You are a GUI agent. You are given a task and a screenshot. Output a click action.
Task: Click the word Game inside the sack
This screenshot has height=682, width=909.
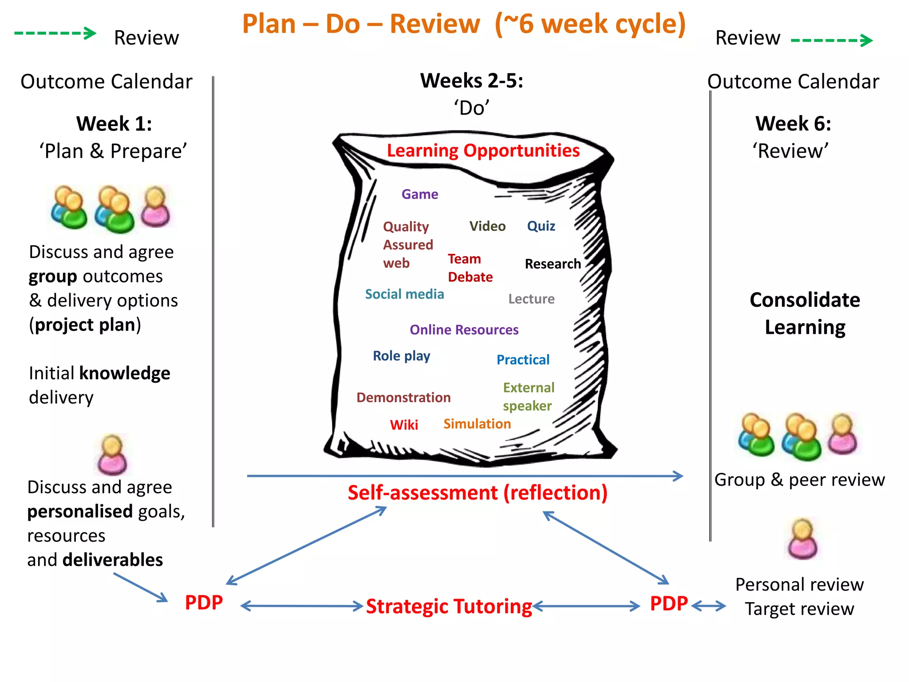(x=419, y=194)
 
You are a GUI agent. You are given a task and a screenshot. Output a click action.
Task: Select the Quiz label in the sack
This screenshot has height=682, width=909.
(x=541, y=226)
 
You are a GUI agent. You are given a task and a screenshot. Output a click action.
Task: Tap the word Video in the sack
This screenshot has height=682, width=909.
(x=487, y=226)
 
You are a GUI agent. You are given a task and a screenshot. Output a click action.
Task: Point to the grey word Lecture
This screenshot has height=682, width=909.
(x=531, y=299)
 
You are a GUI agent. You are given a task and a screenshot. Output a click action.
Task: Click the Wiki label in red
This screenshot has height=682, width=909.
(x=404, y=425)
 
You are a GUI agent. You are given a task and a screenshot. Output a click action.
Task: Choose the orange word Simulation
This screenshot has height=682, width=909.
(x=477, y=424)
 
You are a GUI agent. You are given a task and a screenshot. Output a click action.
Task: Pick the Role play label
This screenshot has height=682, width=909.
(x=401, y=356)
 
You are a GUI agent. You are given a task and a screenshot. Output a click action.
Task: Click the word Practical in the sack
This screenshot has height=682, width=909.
(x=523, y=360)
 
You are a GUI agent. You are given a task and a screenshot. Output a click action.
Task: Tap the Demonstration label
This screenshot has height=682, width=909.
(x=403, y=397)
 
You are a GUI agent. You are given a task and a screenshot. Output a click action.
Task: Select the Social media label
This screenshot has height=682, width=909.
(x=404, y=294)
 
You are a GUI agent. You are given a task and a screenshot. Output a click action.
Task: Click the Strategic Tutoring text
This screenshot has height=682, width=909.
(x=449, y=607)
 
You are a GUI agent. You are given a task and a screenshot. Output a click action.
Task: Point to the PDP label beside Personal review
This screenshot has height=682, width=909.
(x=668, y=604)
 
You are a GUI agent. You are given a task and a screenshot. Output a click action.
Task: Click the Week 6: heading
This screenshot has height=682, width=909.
(x=793, y=123)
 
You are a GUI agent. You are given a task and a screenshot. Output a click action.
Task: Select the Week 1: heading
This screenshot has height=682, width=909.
(x=114, y=123)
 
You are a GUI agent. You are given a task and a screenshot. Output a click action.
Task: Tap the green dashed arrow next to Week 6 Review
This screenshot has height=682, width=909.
(x=831, y=40)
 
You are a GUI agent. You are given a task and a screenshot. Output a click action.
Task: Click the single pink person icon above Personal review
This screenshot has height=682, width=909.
(x=802, y=539)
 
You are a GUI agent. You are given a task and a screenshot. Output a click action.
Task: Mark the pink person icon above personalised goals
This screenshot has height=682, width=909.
(x=112, y=455)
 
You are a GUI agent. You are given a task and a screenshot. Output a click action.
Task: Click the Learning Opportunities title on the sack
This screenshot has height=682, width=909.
(x=483, y=151)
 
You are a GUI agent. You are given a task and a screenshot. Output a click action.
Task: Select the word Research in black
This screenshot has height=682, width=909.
(x=553, y=264)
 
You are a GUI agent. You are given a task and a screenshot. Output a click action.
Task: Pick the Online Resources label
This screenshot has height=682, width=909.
(x=464, y=330)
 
